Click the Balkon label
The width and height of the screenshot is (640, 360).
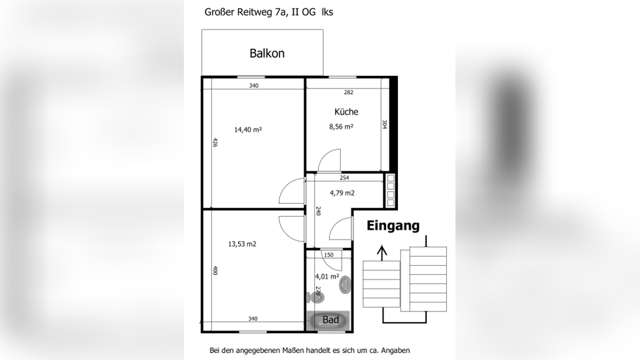(x=267, y=54)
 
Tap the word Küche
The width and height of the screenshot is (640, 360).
(x=346, y=112)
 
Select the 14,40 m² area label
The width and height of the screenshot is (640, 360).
(x=247, y=130)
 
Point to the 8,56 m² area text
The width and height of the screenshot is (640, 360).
(x=341, y=127)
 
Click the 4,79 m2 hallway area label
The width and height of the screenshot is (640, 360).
(x=342, y=193)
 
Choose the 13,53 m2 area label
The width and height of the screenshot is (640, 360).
(x=242, y=244)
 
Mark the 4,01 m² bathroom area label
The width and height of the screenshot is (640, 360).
(x=327, y=276)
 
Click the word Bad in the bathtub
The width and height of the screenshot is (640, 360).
(x=330, y=320)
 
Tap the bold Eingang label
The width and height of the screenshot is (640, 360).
(x=393, y=226)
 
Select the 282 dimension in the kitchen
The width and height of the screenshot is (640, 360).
(x=348, y=93)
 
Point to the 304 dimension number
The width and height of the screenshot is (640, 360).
(x=385, y=124)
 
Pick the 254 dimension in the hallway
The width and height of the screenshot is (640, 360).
(x=344, y=178)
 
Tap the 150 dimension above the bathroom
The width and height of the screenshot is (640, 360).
(x=329, y=255)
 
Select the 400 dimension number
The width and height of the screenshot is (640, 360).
(x=215, y=270)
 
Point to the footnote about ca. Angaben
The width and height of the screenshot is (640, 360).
(x=310, y=350)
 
